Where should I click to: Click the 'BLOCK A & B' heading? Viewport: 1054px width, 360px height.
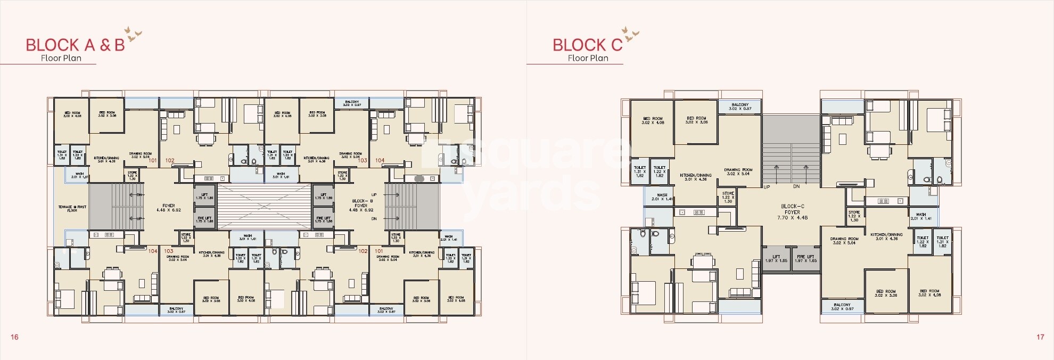click(x=75, y=45)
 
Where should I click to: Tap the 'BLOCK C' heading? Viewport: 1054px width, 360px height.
click(x=587, y=45)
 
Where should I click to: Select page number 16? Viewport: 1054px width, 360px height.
click(x=14, y=337)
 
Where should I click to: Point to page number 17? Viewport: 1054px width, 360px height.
click(x=1040, y=337)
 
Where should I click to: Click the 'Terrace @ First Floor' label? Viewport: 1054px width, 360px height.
click(x=72, y=208)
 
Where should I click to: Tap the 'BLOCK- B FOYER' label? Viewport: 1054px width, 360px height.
click(x=361, y=206)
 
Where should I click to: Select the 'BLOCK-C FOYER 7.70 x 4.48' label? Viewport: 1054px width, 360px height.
click(x=792, y=212)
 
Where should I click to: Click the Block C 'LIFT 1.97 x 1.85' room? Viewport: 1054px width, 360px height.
click(x=776, y=259)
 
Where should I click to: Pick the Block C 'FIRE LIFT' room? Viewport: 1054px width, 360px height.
click(x=805, y=259)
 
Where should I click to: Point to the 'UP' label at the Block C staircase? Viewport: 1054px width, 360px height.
click(x=767, y=187)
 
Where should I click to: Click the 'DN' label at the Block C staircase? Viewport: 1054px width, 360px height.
click(x=796, y=187)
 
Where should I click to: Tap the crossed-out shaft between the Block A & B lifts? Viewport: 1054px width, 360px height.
click(x=264, y=207)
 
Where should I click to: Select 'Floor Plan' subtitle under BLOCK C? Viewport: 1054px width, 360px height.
click(x=588, y=58)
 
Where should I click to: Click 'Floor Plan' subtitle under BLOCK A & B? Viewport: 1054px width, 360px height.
click(x=61, y=58)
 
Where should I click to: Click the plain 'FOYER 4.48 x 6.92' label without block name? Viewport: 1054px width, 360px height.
click(x=168, y=208)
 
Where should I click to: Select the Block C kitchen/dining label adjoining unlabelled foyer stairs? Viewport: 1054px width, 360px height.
click(x=695, y=177)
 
